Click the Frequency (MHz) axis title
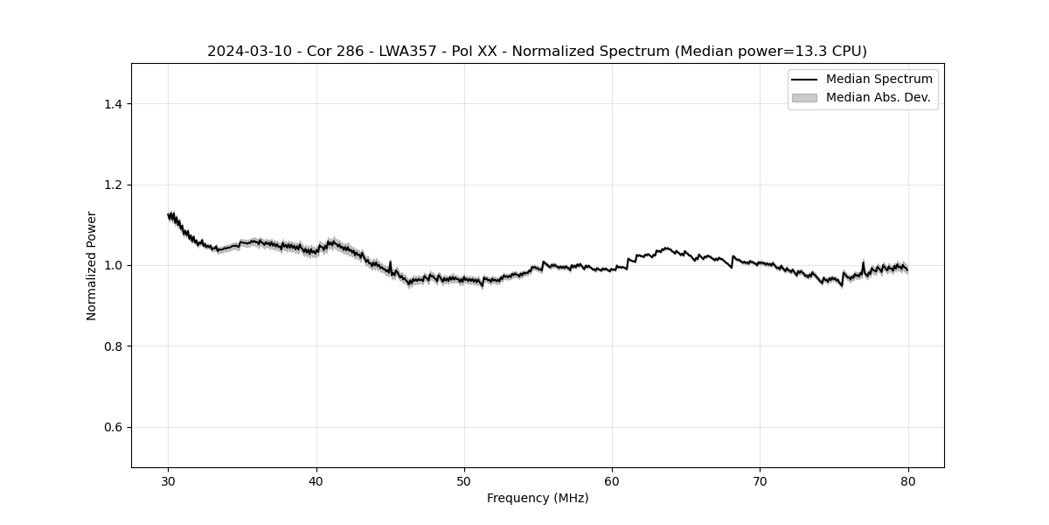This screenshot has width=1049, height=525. point(538,498)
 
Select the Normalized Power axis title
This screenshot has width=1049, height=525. point(92,265)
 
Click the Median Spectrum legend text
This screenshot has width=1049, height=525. point(879,80)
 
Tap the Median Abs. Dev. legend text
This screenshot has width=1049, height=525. point(878,98)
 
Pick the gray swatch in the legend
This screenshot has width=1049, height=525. point(804,98)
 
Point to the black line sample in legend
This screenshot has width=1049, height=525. point(804,80)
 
